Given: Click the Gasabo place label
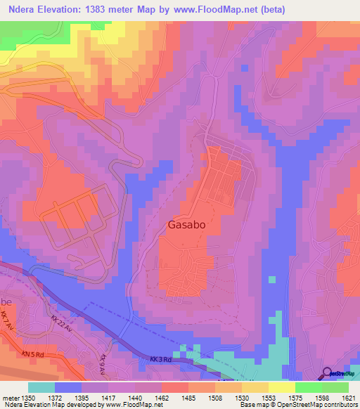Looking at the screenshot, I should click(x=188, y=226).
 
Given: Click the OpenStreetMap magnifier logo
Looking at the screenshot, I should click(x=328, y=373).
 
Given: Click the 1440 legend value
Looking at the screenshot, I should click(x=135, y=397).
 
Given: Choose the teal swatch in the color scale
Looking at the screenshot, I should click(x=41, y=387).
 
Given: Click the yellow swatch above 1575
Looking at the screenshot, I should click(x=281, y=387).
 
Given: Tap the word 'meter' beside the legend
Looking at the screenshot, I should click(x=11, y=397).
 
